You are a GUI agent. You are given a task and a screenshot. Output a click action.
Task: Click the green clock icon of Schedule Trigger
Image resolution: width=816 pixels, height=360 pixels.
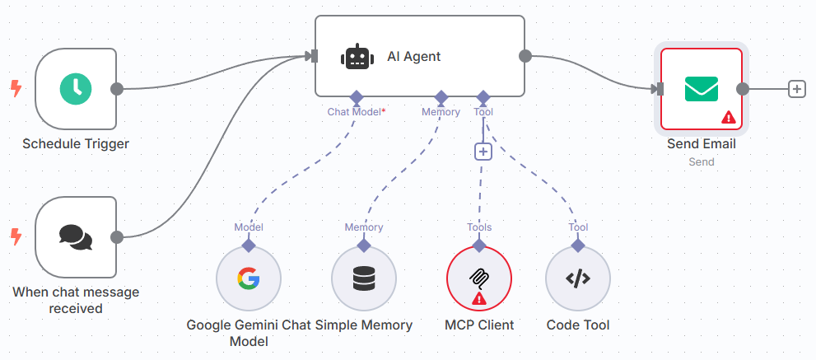(x=76, y=88)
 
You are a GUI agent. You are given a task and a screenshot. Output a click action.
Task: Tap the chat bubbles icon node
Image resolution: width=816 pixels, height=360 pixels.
(x=76, y=237)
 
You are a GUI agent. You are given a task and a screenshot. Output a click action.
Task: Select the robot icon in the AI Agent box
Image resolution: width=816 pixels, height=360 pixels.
(x=356, y=57)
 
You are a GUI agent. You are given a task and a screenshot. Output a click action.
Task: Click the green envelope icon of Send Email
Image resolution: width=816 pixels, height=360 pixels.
(x=702, y=88)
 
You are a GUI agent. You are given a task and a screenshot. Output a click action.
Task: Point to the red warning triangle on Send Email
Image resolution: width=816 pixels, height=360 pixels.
(x=728, y=118)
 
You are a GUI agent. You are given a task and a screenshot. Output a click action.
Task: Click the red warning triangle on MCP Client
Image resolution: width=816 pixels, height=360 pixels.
(x=479, y=298)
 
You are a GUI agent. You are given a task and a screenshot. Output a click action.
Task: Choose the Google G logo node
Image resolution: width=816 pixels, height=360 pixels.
(x=248, y=279)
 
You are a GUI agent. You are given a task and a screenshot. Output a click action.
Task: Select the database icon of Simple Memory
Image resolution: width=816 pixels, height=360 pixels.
(x=363, y=279)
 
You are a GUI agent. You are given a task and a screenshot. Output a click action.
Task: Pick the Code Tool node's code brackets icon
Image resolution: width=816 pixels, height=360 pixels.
(x=578, y=279)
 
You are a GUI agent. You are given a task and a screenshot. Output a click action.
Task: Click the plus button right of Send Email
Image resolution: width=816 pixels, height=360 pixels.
(x=796, y=89)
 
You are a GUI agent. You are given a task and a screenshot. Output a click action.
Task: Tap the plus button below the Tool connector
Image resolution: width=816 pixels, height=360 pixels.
(x=483, y=152)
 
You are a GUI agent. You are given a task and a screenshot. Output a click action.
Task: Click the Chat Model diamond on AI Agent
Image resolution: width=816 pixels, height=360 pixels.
(x=356, y=96)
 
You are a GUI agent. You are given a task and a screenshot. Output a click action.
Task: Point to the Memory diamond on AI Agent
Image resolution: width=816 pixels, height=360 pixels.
(x=441, y=96)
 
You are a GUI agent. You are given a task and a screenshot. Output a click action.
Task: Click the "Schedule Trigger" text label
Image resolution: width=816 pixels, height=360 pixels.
(x=76, y=144)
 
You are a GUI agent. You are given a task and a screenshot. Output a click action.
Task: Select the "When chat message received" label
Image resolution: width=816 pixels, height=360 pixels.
(x=76, y=300)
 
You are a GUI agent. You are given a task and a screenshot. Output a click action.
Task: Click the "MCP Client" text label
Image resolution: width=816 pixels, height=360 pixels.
(x=479, y=325)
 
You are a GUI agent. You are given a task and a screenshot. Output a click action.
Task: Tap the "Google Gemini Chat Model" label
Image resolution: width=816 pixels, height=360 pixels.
(x=248, y=332)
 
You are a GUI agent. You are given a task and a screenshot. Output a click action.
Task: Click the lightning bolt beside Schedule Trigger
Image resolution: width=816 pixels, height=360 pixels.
(x=15, y=88)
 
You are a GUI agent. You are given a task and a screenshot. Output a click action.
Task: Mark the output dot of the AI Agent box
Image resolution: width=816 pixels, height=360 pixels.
(x=525, y=56)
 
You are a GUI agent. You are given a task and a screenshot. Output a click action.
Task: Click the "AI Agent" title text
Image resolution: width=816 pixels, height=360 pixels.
(x=414, y=57)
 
